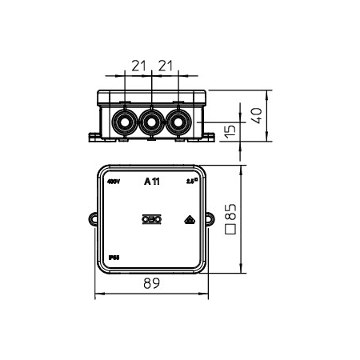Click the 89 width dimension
[151, 282]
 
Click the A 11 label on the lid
[151, 182]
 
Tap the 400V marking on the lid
[113, 182]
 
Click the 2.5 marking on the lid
[190, 182]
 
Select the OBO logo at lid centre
[151, 218]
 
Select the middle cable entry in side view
[151, 122]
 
